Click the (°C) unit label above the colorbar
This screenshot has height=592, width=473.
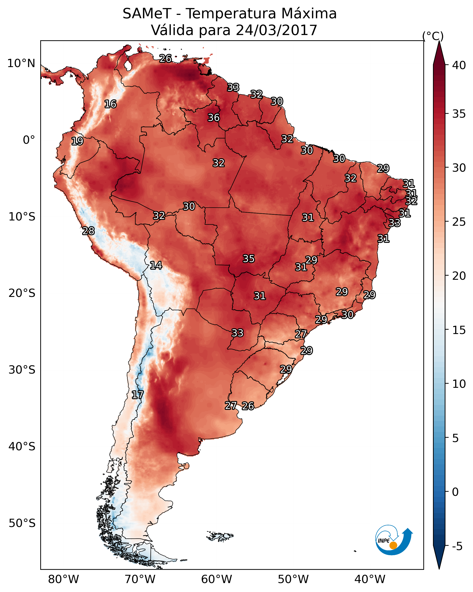[433, 36]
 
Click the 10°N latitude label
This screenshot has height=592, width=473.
[21, 63]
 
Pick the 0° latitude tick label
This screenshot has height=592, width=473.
[29, 140]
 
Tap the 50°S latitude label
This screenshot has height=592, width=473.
[22, 523]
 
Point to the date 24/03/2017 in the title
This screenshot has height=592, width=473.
[276, 30]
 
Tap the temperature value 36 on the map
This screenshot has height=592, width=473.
[214, 118]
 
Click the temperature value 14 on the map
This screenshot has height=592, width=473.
[156, 266]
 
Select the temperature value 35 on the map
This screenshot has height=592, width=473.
[249, 259]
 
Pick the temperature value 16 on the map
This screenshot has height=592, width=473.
[110, 104]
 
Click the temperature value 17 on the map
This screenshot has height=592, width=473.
[138, 395]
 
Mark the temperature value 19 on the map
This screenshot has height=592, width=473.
[77, 141]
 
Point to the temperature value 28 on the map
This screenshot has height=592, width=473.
[88, 231]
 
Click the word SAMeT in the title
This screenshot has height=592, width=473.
[147, 14]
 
